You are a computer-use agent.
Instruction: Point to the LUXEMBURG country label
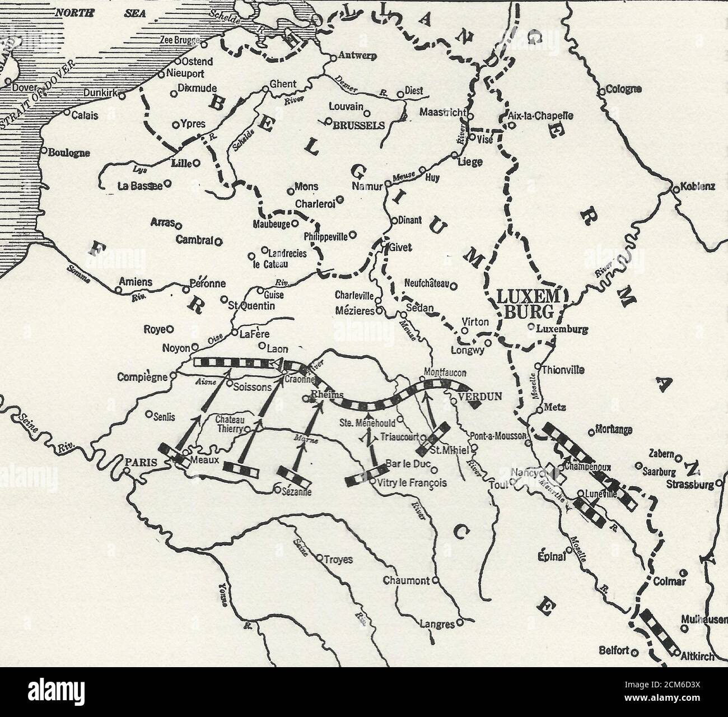[528, 304]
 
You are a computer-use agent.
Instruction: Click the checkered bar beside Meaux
[173, 454]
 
